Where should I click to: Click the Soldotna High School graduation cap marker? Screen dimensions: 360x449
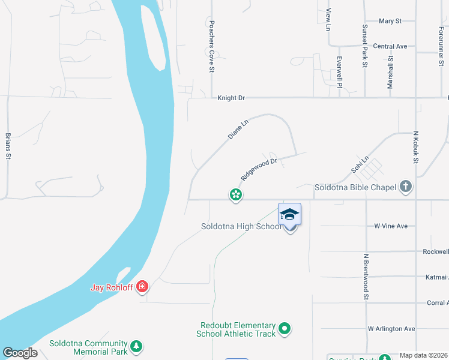coord(290,215)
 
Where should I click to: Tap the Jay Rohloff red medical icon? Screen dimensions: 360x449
coord(142,287)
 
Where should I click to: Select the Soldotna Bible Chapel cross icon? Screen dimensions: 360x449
coord(406,187)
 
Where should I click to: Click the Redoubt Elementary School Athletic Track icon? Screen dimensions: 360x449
coord(285,328)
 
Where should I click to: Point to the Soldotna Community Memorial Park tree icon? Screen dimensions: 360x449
coord(137,346)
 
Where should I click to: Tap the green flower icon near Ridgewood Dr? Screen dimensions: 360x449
coord(236,194)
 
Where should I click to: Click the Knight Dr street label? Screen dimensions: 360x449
coord(231,97)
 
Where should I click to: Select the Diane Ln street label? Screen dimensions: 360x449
coord(238,130)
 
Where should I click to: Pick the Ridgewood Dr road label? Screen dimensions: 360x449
coord(259,169)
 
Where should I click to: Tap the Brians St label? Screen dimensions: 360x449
coord(8,146)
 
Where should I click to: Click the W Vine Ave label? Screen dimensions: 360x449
coord(391,226)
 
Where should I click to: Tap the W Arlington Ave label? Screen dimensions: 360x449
coord(391,329)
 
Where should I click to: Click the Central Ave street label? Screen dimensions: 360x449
coord(390,46)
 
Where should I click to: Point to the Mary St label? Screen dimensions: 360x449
coord(390,21)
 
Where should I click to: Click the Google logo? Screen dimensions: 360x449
coord(20,352)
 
